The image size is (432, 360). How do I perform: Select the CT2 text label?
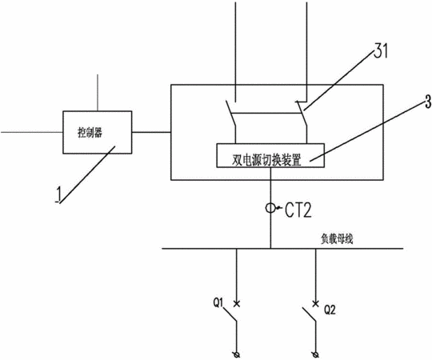[x=298, y=210]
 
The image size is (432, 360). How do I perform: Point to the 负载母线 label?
[x=337, y=239]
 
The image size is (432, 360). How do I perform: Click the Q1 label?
[x=218, y=303]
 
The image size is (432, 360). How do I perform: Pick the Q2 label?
[x=330, y=310]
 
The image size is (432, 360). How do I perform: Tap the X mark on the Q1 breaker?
[x=236, y=304]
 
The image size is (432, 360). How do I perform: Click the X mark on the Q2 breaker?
[x=316, y=304]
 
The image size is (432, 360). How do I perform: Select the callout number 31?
[x=381, y=50]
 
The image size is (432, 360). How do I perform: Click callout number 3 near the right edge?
[x=427, y=102]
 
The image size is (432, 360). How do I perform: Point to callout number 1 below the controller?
[x=58, y=194]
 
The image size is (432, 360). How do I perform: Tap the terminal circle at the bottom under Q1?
[x=236, y=354]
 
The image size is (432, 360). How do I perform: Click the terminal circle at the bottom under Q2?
[x=316, y=354]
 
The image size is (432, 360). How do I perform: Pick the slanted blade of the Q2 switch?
[x=309, y=314]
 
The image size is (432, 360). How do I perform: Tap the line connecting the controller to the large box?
[x=151, y=132]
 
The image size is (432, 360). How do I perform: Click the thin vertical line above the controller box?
[x=98, y=93]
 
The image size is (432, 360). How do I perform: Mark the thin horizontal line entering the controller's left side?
[x=32, y=132]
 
